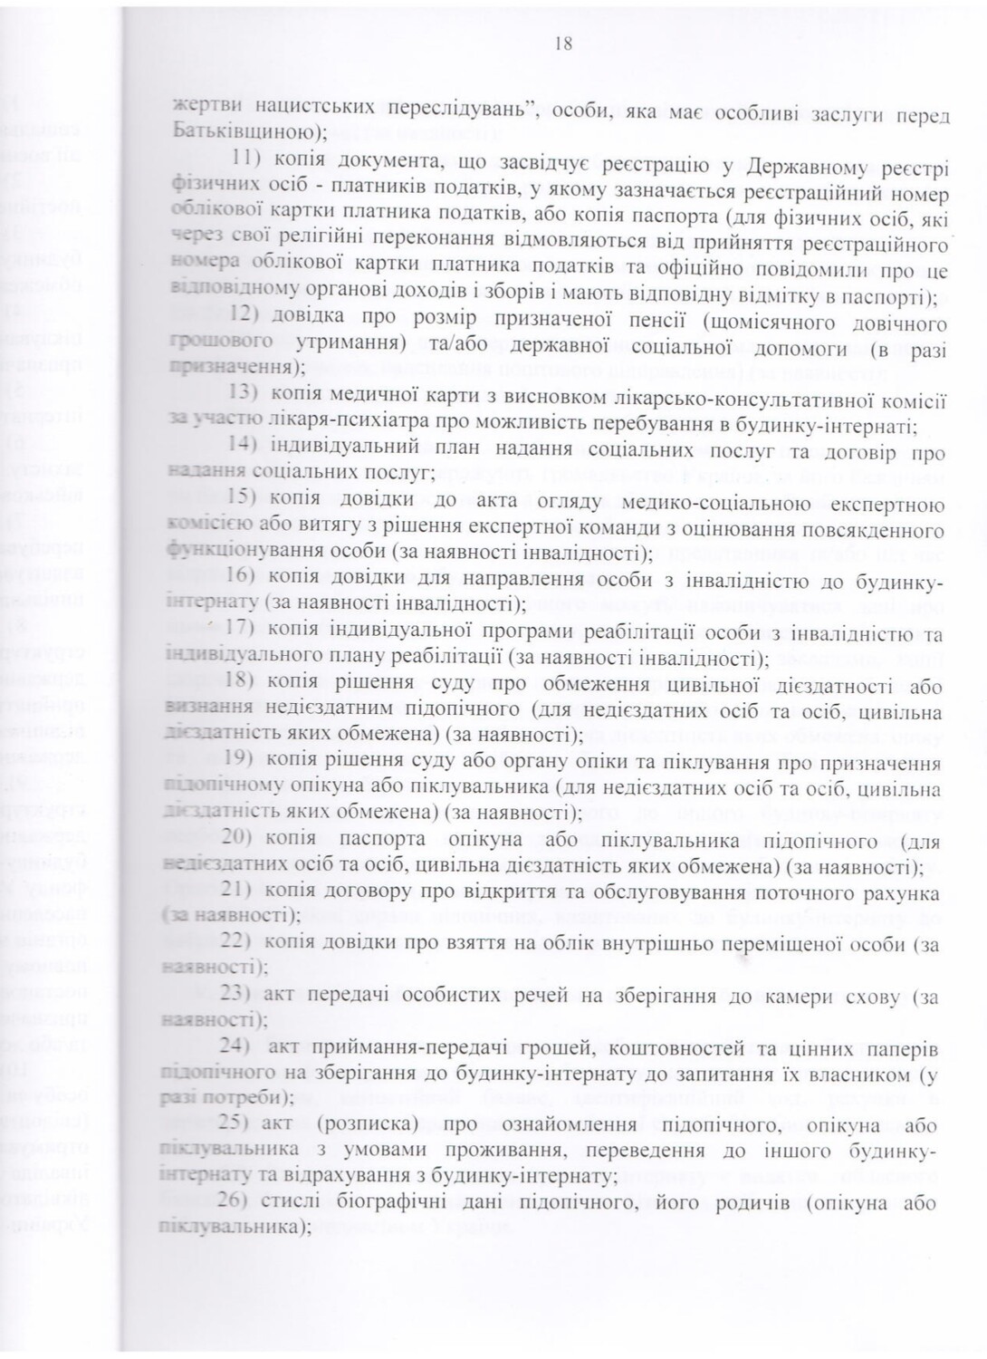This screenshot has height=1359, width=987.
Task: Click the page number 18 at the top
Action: [x=561, y=44]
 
